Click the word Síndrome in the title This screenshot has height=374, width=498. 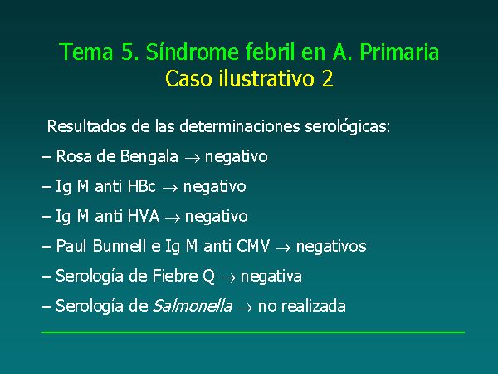coord(192,52)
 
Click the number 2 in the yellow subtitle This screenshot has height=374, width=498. coord(328,79)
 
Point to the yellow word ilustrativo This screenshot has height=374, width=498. coord(266,79)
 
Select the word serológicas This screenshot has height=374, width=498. coord(348,127)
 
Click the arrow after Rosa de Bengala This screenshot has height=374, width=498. coord(193,158)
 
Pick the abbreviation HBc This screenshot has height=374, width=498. coord(142,186)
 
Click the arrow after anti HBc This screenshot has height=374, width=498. coord(170,188)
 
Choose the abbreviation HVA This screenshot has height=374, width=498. coord(144,216)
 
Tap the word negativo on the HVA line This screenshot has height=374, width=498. coord(217,217)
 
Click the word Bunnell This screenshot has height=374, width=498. coord(120,246)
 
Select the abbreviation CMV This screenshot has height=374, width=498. coord(253,246)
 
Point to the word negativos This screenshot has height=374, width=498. coord(331,247)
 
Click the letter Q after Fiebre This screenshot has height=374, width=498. coord(208,277)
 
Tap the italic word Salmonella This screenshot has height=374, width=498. coord(193,306)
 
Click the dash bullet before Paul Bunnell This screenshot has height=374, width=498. coord(46,247)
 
